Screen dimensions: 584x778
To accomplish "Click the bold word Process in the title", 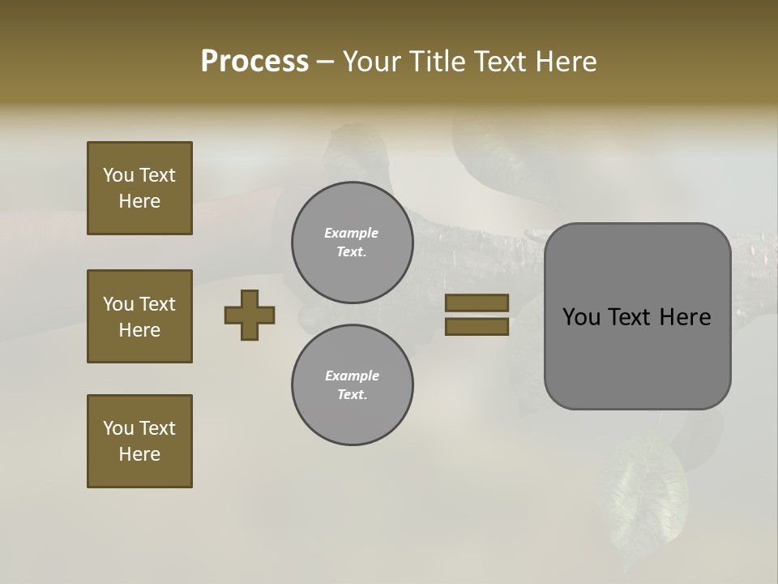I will coord(254,61).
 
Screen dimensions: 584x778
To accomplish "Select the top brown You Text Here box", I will coord(139,188).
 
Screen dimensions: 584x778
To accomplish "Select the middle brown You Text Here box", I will coord(139,316).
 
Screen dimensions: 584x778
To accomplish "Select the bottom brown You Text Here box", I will coord(139,441).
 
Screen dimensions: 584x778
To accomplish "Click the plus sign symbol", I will coord(250,315).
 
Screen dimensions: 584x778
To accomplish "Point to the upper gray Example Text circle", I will coord(352,243).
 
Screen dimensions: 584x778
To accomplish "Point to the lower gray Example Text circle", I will coord(352,385).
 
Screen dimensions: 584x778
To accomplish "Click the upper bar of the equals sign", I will coord(477,303).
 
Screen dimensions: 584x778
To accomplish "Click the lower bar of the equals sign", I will coord(477,327).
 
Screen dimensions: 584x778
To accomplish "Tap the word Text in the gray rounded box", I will coord(634,317).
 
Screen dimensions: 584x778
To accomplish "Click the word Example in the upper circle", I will coord(352,233).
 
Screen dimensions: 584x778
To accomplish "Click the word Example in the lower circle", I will coord(352,376).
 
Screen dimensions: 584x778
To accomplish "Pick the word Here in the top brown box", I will coord(139,201).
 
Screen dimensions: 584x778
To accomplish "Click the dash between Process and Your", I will coord(326,62).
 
